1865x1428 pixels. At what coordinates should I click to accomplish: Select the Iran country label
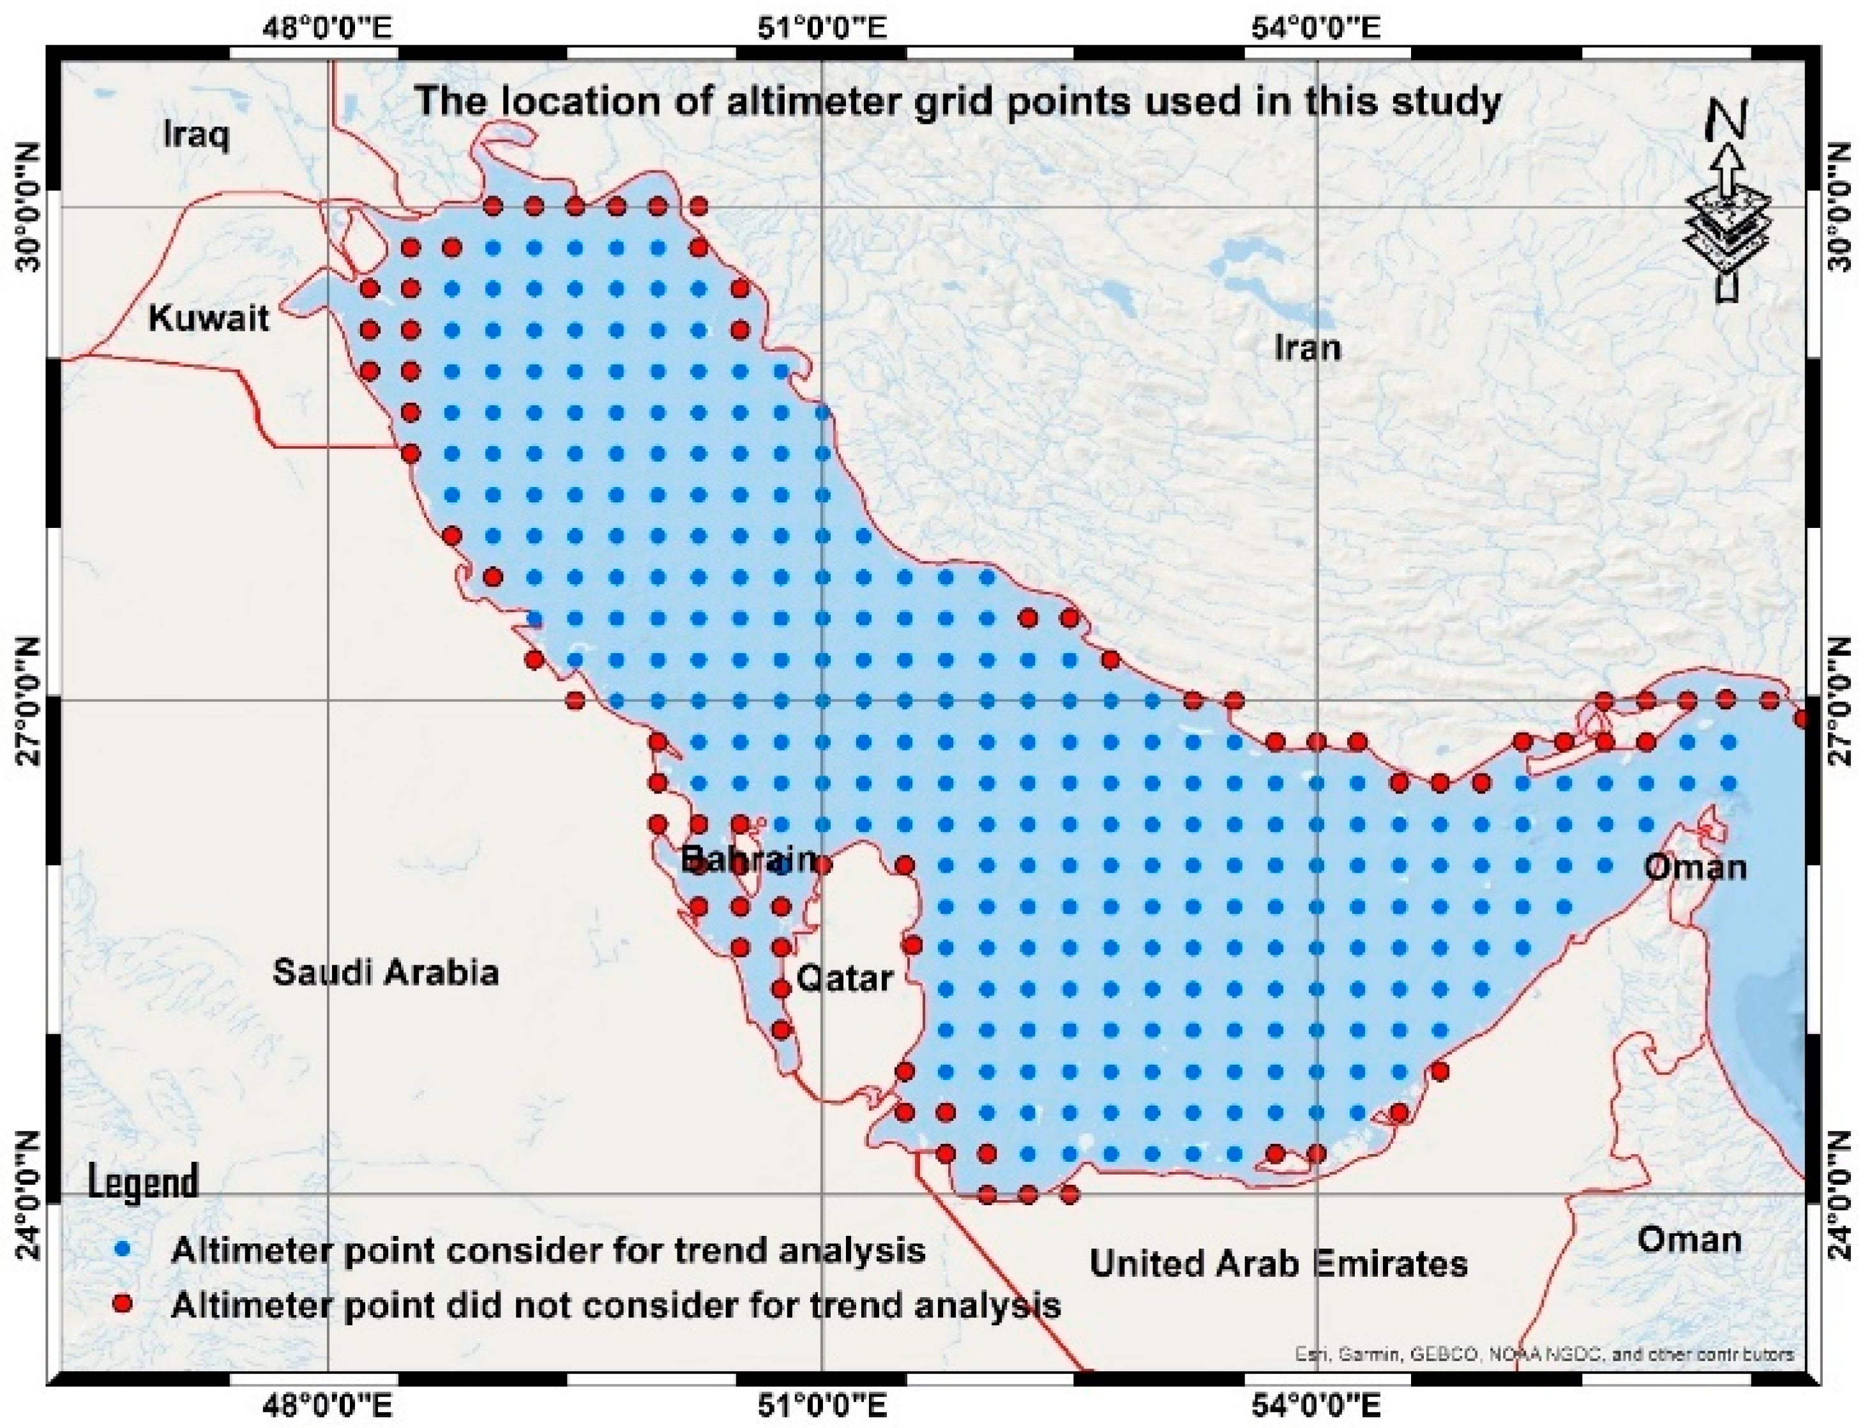click(x=1308, y=347)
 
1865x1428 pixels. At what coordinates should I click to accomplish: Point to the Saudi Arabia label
click(x=385, y=972)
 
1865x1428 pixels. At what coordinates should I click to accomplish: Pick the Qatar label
click(x=843, y=979)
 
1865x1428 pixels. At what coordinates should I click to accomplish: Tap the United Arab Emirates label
click(x=1278, y=1264)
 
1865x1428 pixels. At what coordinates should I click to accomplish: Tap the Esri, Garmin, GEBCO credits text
click(x=1544, y=1378)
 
